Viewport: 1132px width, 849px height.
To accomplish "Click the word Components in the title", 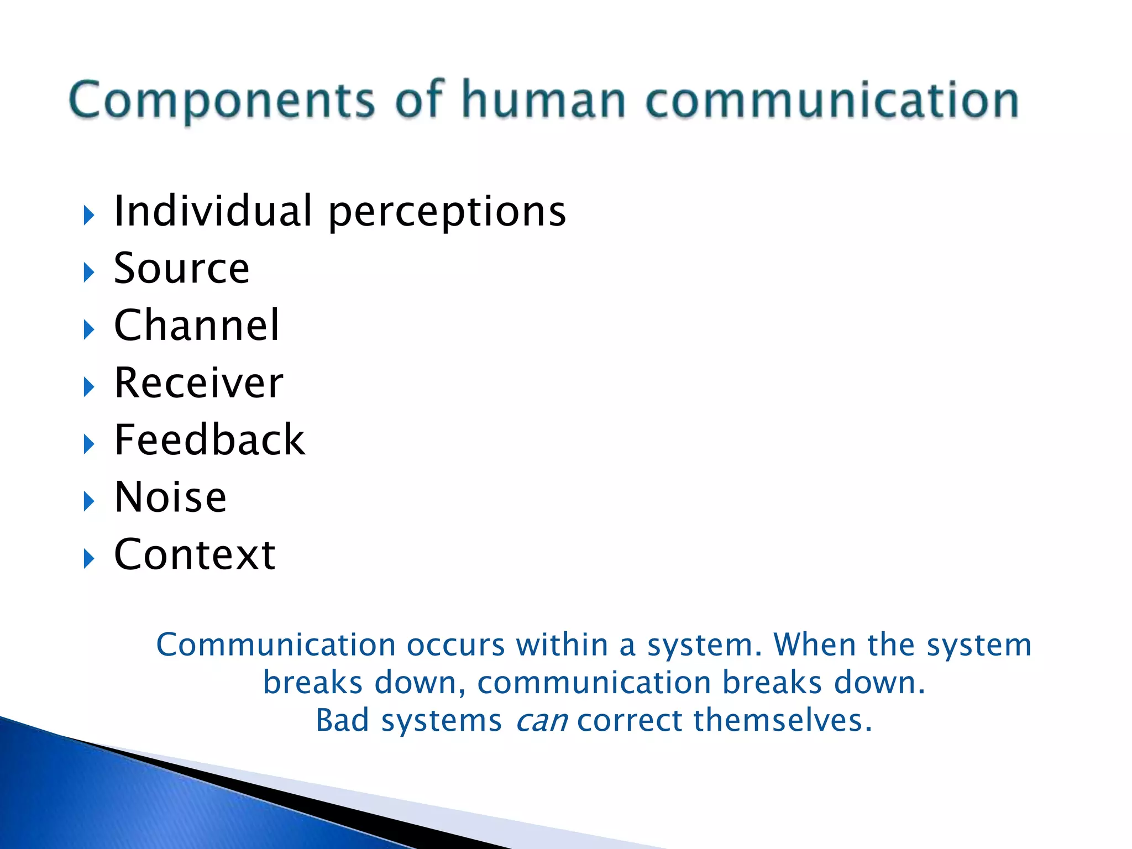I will [221, 101].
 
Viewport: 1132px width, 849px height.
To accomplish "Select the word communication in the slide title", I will [832, 101].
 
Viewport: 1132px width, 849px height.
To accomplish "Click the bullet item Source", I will [181, 269].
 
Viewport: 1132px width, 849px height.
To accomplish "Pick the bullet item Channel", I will [197, 326].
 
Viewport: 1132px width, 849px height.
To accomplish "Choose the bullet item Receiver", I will [198, 383].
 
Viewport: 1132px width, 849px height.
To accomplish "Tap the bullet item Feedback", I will [209, 441].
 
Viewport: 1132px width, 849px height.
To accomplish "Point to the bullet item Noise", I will [170, 497].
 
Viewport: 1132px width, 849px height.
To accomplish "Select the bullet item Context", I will [195, 555].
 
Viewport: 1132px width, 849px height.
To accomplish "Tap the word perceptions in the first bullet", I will [447, 212].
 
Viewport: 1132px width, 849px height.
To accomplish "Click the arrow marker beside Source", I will [89, 272].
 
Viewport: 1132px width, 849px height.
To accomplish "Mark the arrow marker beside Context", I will [89, 559].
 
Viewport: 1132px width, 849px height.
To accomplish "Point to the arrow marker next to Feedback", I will [89, 444].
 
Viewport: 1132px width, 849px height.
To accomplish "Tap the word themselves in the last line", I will [782, 720].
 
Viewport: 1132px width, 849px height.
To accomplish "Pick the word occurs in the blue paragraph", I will [455, 645].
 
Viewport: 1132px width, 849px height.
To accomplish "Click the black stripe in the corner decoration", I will [310, 796].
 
